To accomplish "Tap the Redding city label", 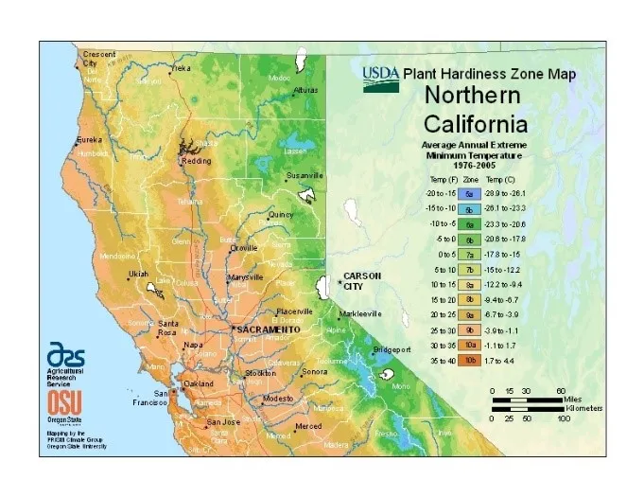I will (x=197, y=161).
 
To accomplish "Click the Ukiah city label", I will (x=138, y=275).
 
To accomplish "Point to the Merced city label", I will (x=308, y=426).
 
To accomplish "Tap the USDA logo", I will (x=381, y=76).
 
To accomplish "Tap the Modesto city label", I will (x=279, y=399).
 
